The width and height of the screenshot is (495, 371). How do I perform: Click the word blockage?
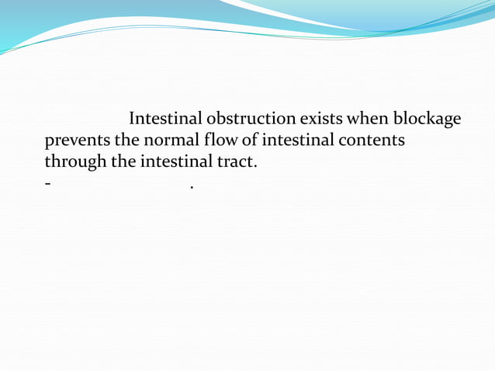click(x=427, y=120)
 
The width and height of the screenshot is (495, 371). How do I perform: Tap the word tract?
click(x=233, y=164)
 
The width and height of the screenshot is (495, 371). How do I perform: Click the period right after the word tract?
click(x=254, y=168)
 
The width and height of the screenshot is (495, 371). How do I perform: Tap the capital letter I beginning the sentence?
click(x=132, y=119)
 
